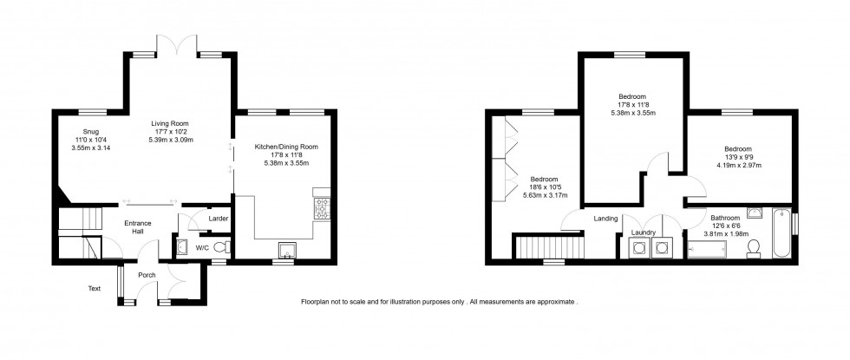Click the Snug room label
tap(84, 129)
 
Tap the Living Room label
tap(169, 123)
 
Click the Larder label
tap(219, 219)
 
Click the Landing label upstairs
tap(605, 219)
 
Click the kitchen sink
tap(284, 251)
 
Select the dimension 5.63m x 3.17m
tap(543, 196)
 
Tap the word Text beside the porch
tap(94, 288)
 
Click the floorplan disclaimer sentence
tap(439, 301)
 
